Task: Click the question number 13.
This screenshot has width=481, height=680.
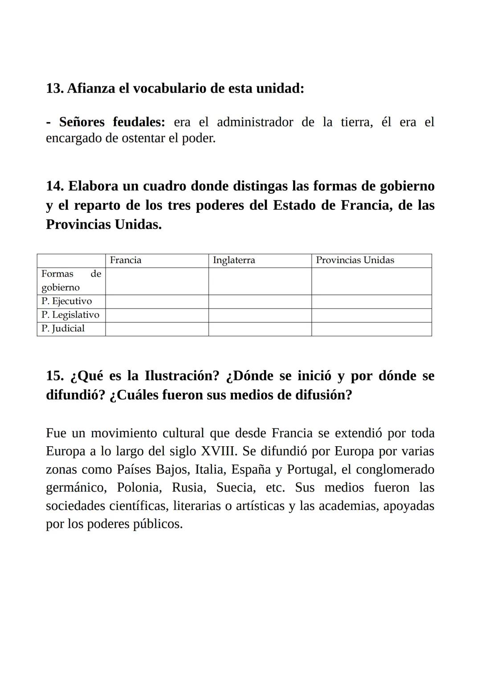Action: pos(54,88)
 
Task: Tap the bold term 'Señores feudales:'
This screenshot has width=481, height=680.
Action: pos(112,122)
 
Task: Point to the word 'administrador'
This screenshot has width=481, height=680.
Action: pos(255,122)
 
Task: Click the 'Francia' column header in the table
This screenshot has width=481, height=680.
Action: pos(126,261)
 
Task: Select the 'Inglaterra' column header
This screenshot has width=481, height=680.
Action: pos(234,261)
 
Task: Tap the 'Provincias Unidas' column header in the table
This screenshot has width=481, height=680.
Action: pos(355,261)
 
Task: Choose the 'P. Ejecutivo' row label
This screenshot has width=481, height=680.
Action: pos(66,301)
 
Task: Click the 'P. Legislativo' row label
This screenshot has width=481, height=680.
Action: pos(70,315)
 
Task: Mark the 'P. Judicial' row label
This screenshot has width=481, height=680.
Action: pos(63,329)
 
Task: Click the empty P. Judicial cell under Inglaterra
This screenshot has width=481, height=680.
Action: pos(260,329)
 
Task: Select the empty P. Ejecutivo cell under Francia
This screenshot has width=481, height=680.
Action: pos(157,301)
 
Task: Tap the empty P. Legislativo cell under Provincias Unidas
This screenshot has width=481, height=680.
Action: pos(371,315)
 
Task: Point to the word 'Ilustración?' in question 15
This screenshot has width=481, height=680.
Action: pos(182,376)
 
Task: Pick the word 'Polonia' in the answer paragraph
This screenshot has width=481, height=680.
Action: pos(139,488)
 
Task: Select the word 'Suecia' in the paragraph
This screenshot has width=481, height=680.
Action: pos(236,488)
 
